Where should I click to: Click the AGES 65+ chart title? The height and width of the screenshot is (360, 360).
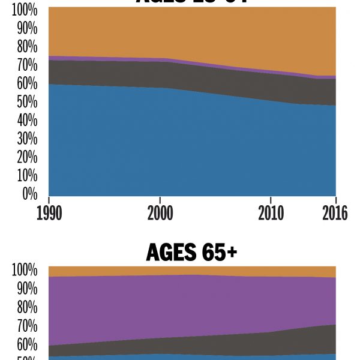coord(191,253)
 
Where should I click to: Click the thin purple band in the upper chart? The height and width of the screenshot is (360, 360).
coord(120,59)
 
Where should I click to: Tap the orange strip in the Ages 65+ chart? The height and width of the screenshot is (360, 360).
coord(180,271)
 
